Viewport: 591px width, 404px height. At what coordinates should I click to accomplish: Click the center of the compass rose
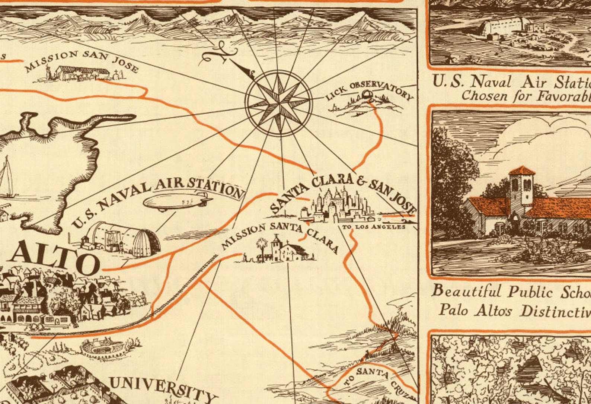point(278,102)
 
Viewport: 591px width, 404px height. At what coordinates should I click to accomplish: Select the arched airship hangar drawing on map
point(123,237)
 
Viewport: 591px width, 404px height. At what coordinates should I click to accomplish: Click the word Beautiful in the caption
point(466,291)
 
